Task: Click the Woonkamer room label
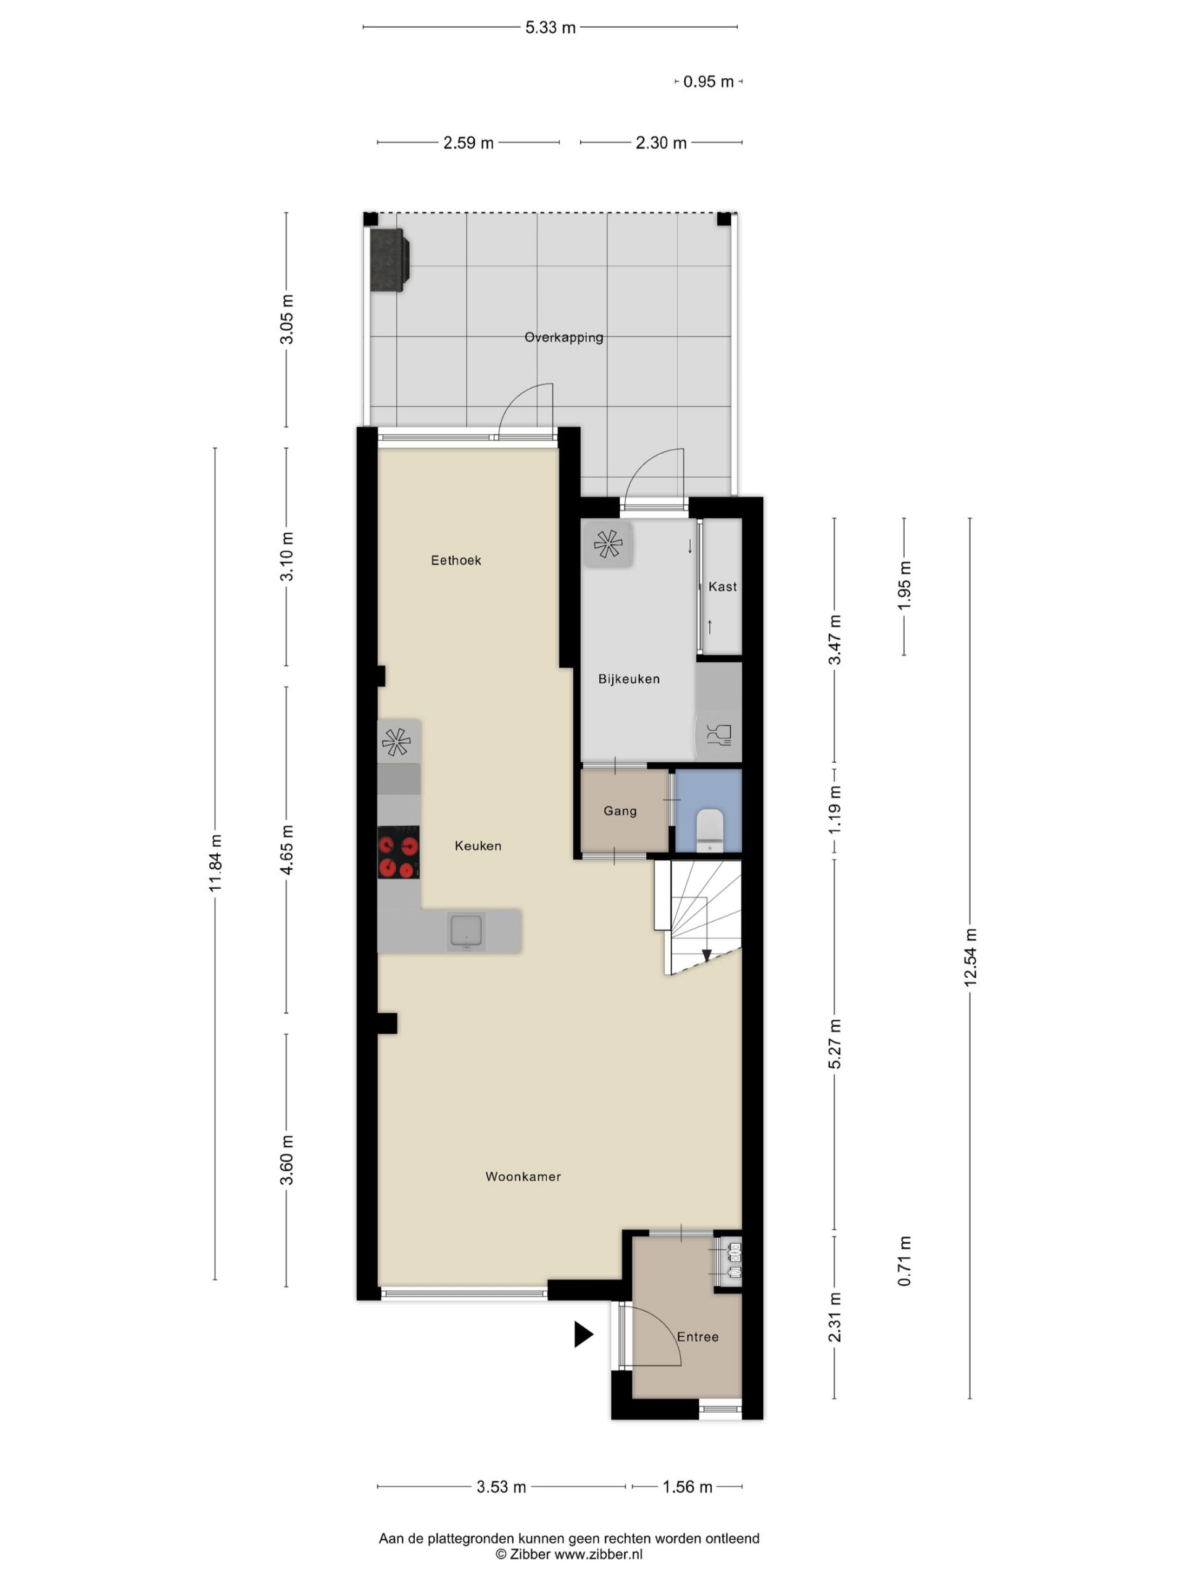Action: (x=523, y=1176)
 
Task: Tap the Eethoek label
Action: (x=455, y=560)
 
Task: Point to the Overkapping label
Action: (x=563, y=337)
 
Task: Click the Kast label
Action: (x=722, y=586)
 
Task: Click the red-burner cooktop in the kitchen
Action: (x=398, y=852)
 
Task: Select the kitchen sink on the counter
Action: (x=466, y=931)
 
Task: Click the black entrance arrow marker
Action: (x=584, y=1334)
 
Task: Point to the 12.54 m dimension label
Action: (x=969, y=958)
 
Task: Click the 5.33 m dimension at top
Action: (x=550, y=28)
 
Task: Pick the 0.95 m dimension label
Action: (x=709, y=81)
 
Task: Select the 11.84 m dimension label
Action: (x=215, y=862)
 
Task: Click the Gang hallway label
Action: (x=620, y=811)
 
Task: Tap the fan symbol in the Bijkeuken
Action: (x=608, y=544)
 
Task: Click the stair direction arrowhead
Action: (x=707, y=955)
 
